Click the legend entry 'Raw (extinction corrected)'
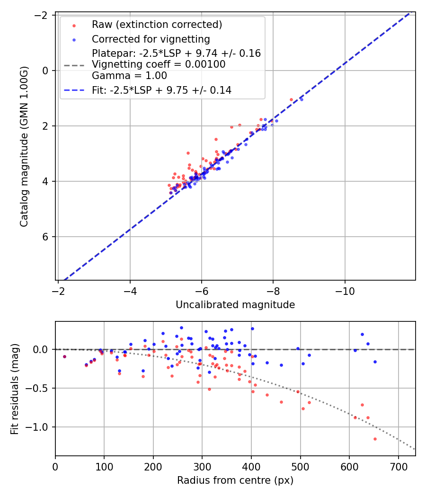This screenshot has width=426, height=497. coord(157,25)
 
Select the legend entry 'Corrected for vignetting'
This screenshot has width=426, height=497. coord(151,39)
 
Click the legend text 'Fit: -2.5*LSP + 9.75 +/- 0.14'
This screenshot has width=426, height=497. coord(161,90)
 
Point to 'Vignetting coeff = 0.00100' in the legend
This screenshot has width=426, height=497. coord(159,64)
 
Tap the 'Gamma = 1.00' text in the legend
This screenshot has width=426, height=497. coord(129,76)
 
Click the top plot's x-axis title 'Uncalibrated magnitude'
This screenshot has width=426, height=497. coord(235,305)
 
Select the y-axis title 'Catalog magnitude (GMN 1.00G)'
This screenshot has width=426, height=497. coord(24,146)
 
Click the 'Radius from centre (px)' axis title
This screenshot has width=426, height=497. coord(235,480)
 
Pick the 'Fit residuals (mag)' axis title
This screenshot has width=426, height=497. coord(15,389)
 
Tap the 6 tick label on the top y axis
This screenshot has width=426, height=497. coord(46,237)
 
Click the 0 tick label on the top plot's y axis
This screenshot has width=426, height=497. coord(46,71)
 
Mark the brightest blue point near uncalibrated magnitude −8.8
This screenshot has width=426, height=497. coord(302,99)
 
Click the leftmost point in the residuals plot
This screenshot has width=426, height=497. coord(64,356)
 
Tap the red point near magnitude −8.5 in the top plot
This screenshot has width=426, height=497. coord(291,99)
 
